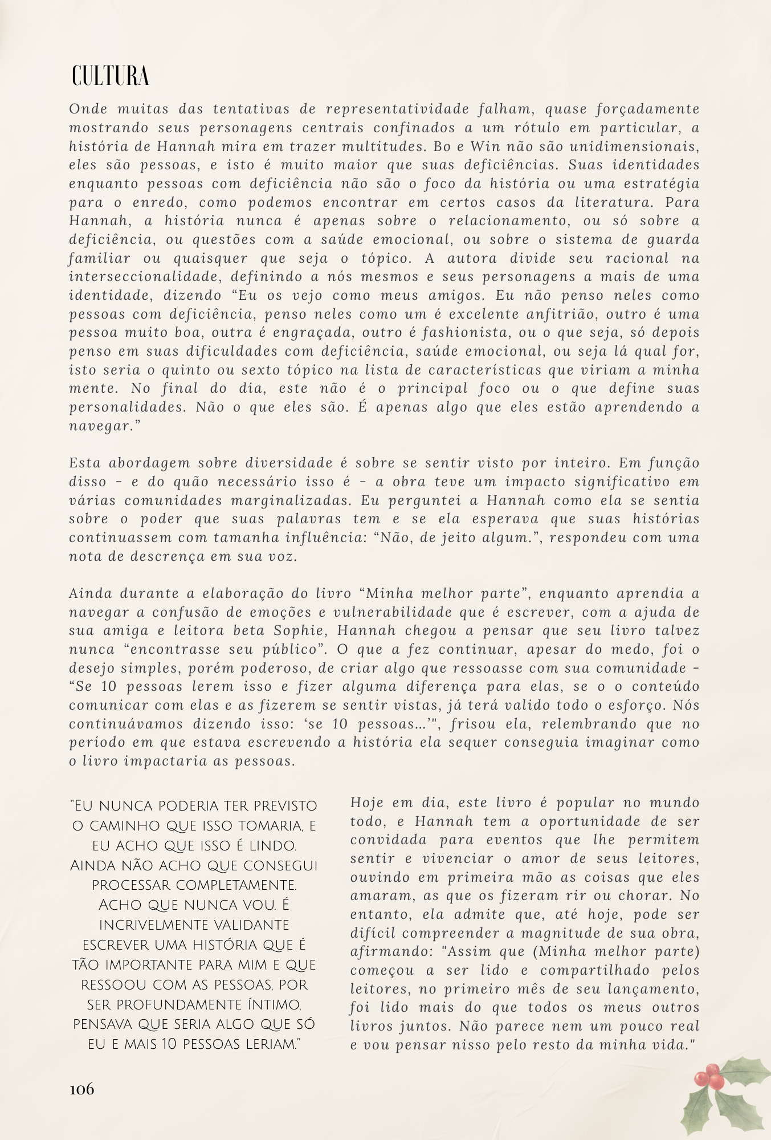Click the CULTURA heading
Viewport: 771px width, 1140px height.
coord(110,76)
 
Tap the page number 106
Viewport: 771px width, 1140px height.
coord(81,1089)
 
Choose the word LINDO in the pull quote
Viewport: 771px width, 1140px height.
coord(268,845)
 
